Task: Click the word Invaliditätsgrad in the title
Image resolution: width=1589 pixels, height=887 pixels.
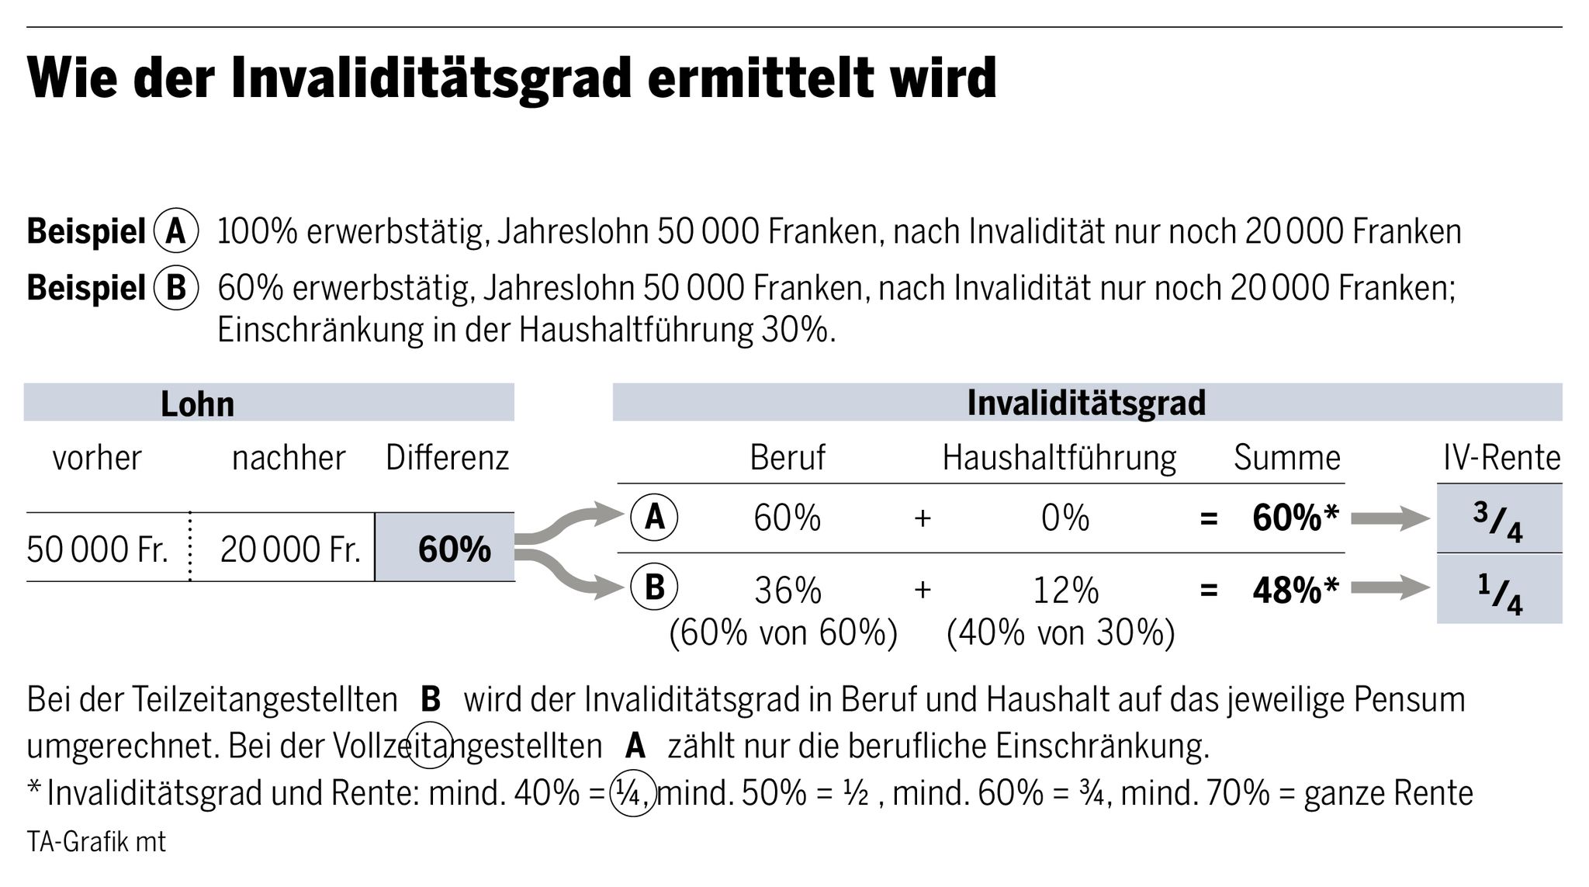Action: [x=431, y=79]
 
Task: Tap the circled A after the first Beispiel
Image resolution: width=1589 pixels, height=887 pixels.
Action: [x=176, y=231]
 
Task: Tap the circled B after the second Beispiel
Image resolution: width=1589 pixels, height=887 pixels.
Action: [x=176, y=288]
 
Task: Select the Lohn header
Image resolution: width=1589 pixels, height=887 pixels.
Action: [x=197, y=404]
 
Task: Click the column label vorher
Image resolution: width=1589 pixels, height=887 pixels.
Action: [x=97, y=458]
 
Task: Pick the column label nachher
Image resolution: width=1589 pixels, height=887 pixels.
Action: [x=289, y=458]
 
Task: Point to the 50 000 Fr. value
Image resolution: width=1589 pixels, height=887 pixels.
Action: [x=98, y=549]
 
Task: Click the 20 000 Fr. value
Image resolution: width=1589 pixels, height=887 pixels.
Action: [x=291, y=549]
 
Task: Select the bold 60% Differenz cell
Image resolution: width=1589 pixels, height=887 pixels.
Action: [x=454, y=549]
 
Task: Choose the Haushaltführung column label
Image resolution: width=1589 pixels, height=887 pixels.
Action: [x=1059, y=458]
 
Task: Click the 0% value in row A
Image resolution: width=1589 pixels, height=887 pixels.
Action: [x=1065, y=518]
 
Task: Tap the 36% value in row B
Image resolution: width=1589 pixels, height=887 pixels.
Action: [x=788, y=591]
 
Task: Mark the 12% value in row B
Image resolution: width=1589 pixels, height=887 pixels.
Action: [x=1065, y=591]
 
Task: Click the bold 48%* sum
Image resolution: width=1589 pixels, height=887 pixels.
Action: [x=1295, y=591]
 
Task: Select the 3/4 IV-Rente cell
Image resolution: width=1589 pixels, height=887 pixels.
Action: [x=1498, y=519]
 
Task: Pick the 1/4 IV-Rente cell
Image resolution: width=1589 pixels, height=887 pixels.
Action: [x=1498, y=590]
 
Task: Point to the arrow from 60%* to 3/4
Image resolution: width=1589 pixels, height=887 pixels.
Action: [x=1389, y=519]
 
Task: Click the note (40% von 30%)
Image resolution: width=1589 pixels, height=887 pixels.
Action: [x=1061, y=633]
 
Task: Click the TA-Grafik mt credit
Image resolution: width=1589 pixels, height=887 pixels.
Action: [x=96, y=842]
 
